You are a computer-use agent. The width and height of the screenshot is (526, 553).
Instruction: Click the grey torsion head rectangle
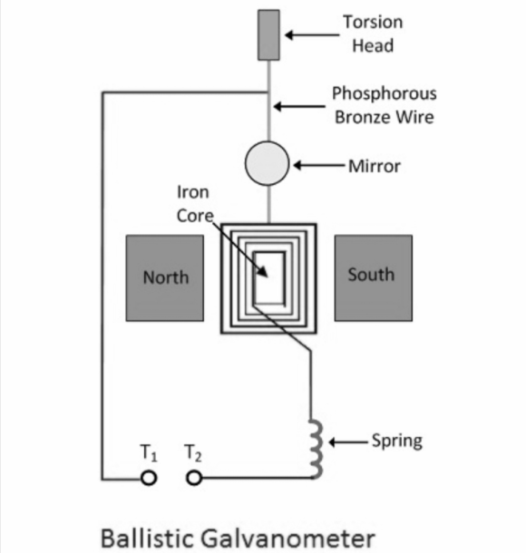(268, 35)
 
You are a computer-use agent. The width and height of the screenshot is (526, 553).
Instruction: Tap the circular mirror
(267, 163)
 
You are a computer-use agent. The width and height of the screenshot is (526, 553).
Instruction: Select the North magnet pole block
(165, 278)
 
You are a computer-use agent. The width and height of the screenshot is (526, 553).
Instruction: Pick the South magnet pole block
(374, 278)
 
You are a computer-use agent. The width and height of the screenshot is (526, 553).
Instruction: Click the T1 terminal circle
(149, 479)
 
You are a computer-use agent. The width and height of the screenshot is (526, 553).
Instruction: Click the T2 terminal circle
(194, 479)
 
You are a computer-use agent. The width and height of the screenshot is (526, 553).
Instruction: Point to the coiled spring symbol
(317, 449)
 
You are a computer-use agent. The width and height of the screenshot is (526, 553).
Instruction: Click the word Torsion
(373, 22)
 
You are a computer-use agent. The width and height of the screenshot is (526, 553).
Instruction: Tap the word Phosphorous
(385, 93)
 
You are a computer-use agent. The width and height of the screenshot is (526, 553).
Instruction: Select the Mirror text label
(375, 166)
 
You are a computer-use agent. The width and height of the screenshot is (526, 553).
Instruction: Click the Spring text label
(397, 441)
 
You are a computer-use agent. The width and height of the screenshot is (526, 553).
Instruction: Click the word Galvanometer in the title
(287, 538)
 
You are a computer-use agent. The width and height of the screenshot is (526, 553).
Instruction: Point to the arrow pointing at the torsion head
(312, 35)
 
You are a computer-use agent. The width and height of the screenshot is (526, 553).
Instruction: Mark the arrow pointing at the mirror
(319, 165)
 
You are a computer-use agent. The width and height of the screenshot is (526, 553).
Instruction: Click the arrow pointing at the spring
(348, 441)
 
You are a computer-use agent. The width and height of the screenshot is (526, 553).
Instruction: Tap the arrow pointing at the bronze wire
(299, 106)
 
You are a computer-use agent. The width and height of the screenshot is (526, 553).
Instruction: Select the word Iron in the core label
(193, 192)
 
